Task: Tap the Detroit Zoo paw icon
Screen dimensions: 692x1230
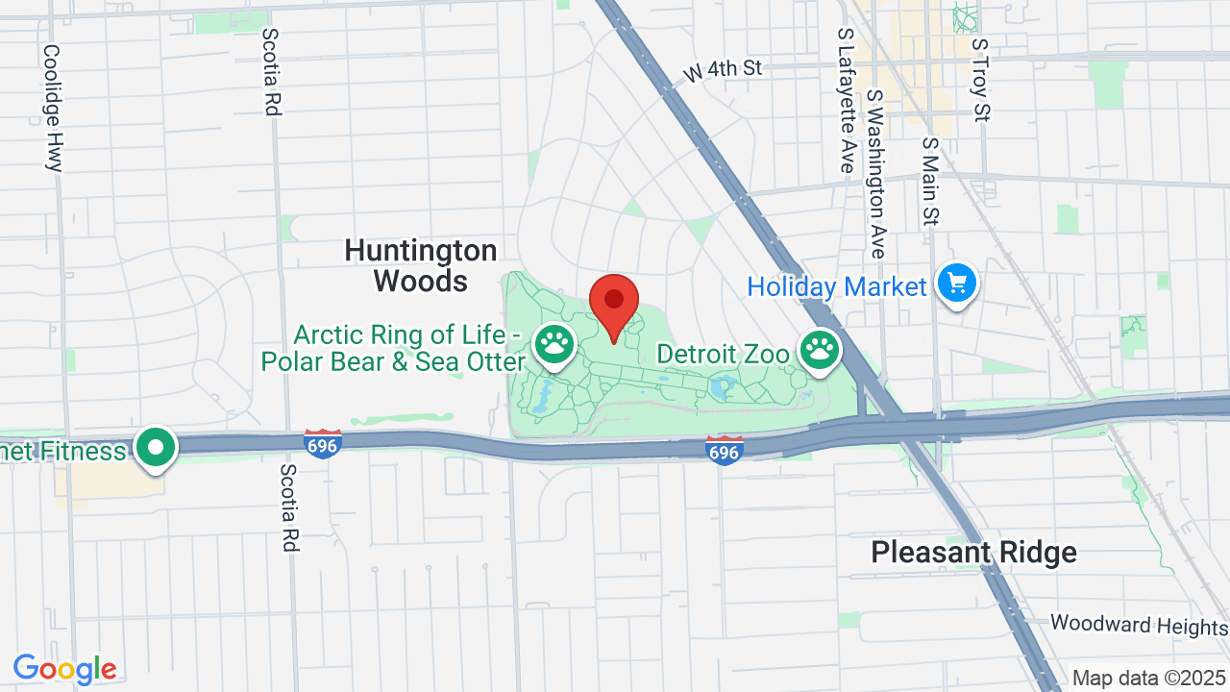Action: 819,350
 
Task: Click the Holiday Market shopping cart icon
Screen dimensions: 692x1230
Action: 956,284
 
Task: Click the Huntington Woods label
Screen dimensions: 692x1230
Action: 421,266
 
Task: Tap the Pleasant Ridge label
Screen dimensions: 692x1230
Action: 973,553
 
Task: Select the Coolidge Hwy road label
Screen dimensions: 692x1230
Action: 53,108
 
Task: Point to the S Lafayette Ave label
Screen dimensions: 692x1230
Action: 846,100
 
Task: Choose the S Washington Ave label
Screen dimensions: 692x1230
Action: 875,175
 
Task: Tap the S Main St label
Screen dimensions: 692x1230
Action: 929,181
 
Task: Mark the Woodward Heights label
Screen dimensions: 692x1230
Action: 1139,625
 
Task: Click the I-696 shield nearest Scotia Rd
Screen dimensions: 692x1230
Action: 323,443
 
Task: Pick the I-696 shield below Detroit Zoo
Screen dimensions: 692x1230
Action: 724,450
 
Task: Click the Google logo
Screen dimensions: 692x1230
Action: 64,669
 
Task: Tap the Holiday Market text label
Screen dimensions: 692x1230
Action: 836,286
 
